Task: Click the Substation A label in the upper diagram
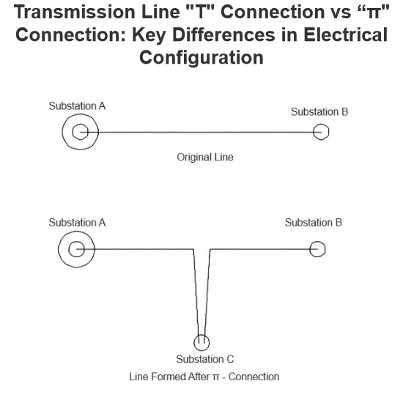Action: tap(77, 106)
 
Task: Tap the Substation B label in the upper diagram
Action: tap(319, 112)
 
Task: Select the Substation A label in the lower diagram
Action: tap(77, 223)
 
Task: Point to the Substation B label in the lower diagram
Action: tap(314, 223)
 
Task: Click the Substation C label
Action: tap(205, 359)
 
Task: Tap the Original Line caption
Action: tap(205, 158)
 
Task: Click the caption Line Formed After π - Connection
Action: tap(204, 377)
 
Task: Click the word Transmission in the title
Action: tap(75, 12)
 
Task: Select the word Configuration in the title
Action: tap(202, 58)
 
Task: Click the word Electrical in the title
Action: tap(346, 34)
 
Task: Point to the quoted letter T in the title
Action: tap(200, 12)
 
